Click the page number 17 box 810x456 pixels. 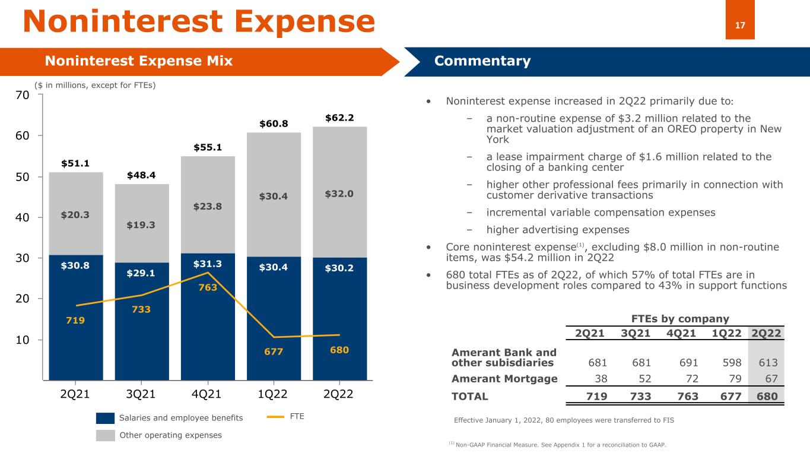[x=740, y=24]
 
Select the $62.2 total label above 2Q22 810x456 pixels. [x=339, y=118]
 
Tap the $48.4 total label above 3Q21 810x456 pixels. [x=141, y=176]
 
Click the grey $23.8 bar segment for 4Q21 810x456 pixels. [x=208, y=207]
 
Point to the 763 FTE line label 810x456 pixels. [x=208, y=288]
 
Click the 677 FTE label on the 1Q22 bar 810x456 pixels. [x=274, y=350]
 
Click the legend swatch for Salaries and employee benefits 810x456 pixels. [x=104, y=418]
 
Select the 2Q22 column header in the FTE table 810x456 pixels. [x=766, y=333]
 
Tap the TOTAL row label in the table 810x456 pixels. [x=470, y=397]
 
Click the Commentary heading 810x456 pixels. [x=482, y=61]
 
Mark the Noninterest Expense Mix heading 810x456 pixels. [x=139, y=61]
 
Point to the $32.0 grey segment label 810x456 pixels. [x=339, y=194]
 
